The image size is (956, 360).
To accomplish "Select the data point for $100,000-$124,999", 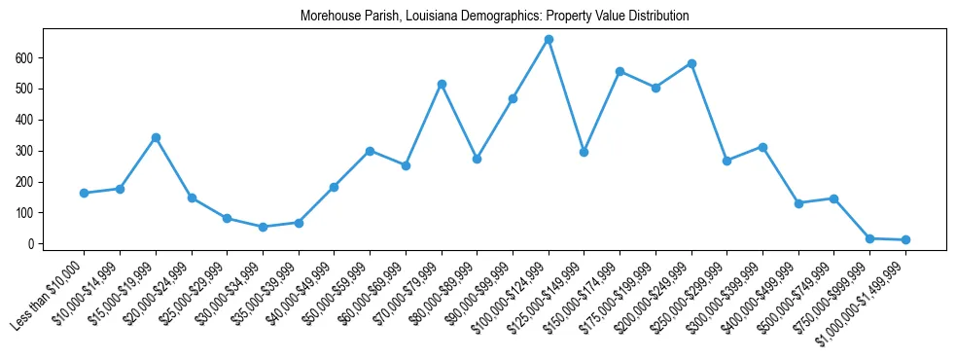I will [x=549, y=40].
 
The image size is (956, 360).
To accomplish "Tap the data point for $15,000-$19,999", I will [x=156, y=138].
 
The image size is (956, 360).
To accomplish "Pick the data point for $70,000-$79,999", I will [x=442, y=85].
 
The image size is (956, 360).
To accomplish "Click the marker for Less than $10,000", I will [x=85, y=193].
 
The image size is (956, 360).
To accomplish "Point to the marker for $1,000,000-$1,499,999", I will [x=905, y=239].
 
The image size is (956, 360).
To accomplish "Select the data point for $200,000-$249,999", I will [x=691, y=63].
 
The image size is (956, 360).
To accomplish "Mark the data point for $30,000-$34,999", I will [x=263, y=227].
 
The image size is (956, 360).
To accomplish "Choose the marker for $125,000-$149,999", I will [x=584, y=152].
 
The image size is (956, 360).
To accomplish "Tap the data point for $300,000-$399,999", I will [x=762, y=147].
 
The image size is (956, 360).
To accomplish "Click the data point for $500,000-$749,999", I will [x=833, y=198].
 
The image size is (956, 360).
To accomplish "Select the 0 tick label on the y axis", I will [x=33, y=244].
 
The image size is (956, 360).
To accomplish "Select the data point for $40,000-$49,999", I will [x=335, y=187].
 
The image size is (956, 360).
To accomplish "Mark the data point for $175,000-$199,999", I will [x=655, y=88].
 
